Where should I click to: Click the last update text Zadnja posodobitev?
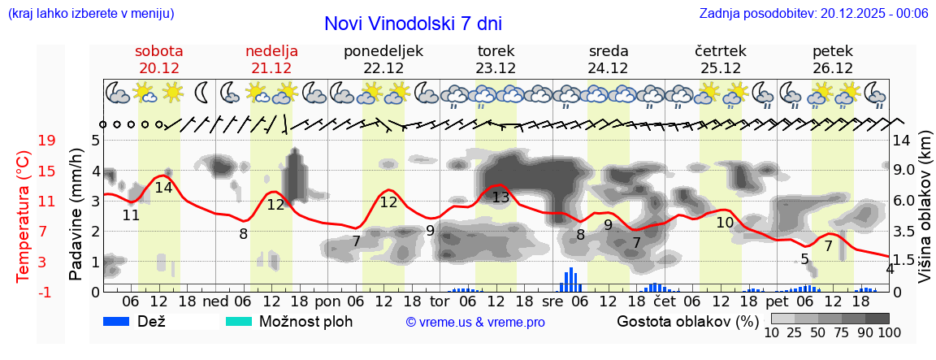[x=813, y=14]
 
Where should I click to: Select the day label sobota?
[x=159, y=51]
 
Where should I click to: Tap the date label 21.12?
[x=271, y=68]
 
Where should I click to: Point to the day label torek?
[x=496, y=51]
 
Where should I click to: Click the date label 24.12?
[x=608, y=68]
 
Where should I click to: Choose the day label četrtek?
[x=721, y=51]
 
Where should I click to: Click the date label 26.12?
[x=832, y=68]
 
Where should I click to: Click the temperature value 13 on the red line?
[x=500, y=197]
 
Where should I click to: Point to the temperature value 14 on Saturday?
[x=163, y=187]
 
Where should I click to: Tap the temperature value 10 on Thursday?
[x=725, y=222]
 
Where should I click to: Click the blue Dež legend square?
[x=118, y=321]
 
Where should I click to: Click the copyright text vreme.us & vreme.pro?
[x=475, y=322]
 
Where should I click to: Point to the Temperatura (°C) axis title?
[x=23, y=216]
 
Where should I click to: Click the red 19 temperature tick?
[x=47, y=141]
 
